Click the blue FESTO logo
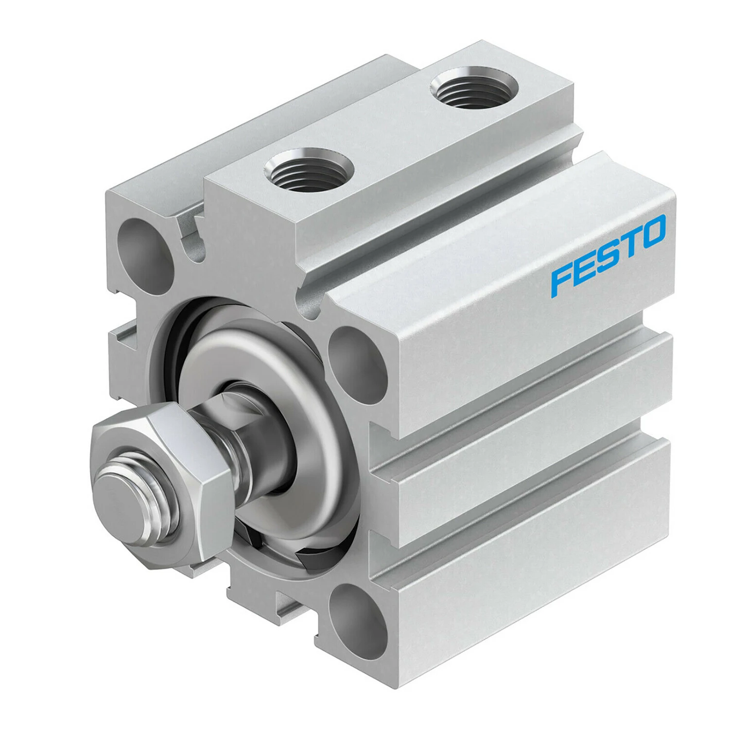[x=608, y=256]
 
